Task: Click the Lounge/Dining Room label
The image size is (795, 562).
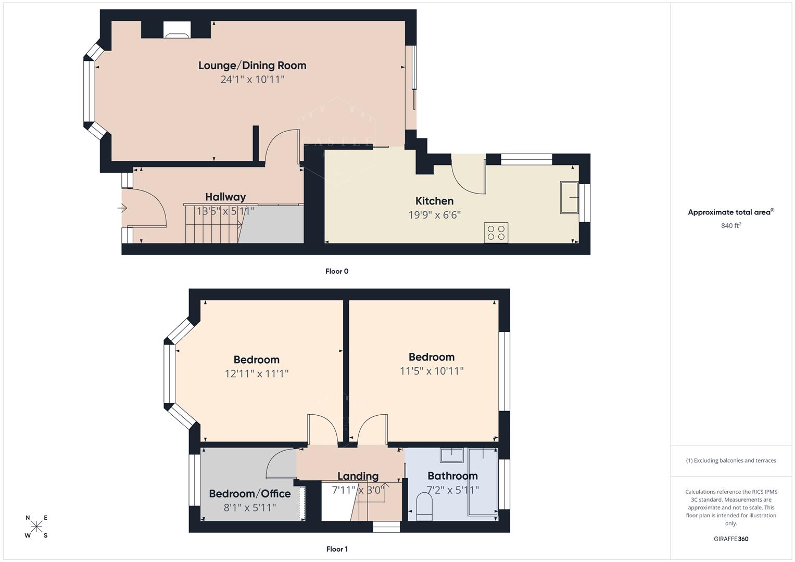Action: [252, 66]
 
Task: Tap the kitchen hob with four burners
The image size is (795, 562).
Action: [496, 232]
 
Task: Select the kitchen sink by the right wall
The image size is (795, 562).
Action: [569, 197]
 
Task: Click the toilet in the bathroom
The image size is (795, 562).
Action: [424, 507]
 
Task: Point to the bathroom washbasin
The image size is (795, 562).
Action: [451, 455]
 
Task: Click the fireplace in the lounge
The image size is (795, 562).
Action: [176, 30]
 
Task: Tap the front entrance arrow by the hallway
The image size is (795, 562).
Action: [122, 209]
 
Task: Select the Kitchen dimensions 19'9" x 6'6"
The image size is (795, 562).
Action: [434, 215]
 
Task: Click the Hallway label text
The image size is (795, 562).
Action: [225, 197]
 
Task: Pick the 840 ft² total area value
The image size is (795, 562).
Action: [730, 226]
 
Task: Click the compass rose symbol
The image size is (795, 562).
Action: [36, 527]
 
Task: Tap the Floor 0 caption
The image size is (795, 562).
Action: [336, 271]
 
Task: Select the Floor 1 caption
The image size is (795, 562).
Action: [336, 549]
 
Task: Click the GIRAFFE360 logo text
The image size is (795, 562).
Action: [730, 539]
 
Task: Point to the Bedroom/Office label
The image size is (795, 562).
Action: [250, 494]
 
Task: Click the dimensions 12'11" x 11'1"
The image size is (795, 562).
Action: [256, 374]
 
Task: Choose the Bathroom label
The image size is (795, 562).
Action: [452, 476]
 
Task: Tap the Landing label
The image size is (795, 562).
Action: [358, 476]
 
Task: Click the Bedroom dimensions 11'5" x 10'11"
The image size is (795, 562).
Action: [431, 371]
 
